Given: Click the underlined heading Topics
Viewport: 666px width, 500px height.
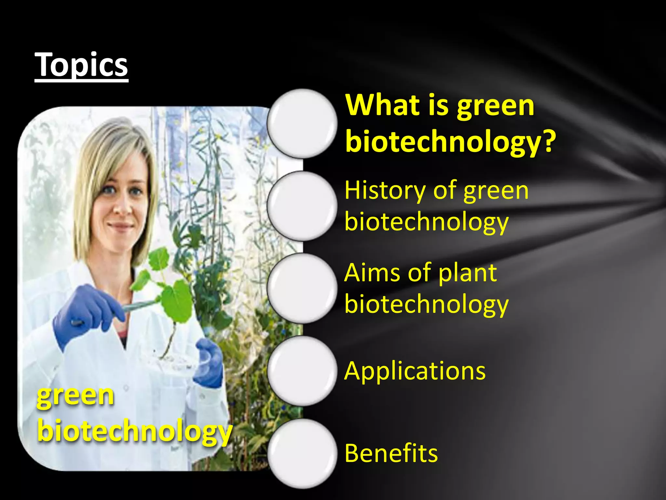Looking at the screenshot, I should (x=81, y=65).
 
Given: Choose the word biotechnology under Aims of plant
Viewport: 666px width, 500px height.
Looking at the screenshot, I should (x=426, y=305).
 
